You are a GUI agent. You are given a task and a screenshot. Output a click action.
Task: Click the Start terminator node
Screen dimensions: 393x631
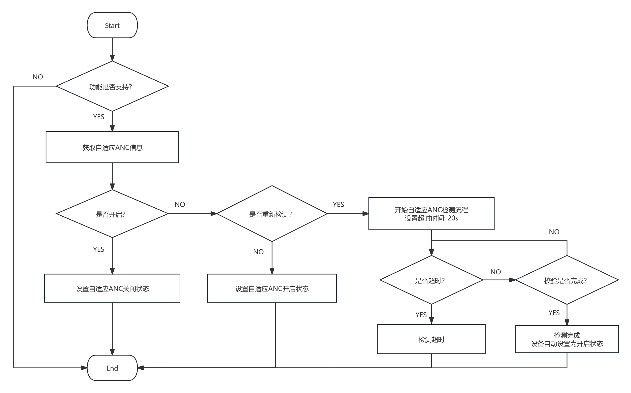112,25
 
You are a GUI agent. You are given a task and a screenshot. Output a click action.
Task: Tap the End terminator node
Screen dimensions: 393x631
112,368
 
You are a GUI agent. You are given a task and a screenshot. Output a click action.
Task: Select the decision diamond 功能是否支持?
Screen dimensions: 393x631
112,86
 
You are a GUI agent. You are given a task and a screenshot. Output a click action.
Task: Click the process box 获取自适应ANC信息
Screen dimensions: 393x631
112,147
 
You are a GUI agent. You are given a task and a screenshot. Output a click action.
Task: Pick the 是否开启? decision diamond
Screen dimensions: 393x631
112,214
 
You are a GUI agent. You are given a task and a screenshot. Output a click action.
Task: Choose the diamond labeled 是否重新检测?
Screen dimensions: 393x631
272,214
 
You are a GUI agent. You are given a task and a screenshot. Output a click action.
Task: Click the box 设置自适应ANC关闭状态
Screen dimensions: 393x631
112,288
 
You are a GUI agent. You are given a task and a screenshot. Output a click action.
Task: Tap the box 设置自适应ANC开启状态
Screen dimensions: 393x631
272,288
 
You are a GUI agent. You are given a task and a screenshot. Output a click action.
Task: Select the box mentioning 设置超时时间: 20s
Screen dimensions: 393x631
431,214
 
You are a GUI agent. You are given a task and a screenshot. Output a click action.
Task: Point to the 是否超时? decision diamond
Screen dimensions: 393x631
431,280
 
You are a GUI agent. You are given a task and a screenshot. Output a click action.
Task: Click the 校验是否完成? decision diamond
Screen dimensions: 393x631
567,280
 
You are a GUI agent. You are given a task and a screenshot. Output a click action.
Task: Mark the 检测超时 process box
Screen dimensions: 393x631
431,339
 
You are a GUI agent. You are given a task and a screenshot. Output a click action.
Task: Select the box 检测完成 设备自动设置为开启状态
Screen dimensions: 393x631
567,339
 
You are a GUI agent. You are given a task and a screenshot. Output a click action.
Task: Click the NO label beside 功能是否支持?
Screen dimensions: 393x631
38,77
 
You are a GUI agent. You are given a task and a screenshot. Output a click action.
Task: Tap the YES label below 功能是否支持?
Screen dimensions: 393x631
98,117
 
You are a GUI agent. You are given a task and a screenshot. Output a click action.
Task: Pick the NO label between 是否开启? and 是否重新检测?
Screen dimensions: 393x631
180,204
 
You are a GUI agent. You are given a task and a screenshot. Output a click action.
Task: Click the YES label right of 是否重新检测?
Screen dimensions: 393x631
338,204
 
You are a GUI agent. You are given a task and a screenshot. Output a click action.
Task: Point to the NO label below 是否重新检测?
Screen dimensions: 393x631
258,252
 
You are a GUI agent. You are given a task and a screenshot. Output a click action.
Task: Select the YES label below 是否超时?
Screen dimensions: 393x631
421,315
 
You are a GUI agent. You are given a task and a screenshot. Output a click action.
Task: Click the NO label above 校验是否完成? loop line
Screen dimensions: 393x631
554,232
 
